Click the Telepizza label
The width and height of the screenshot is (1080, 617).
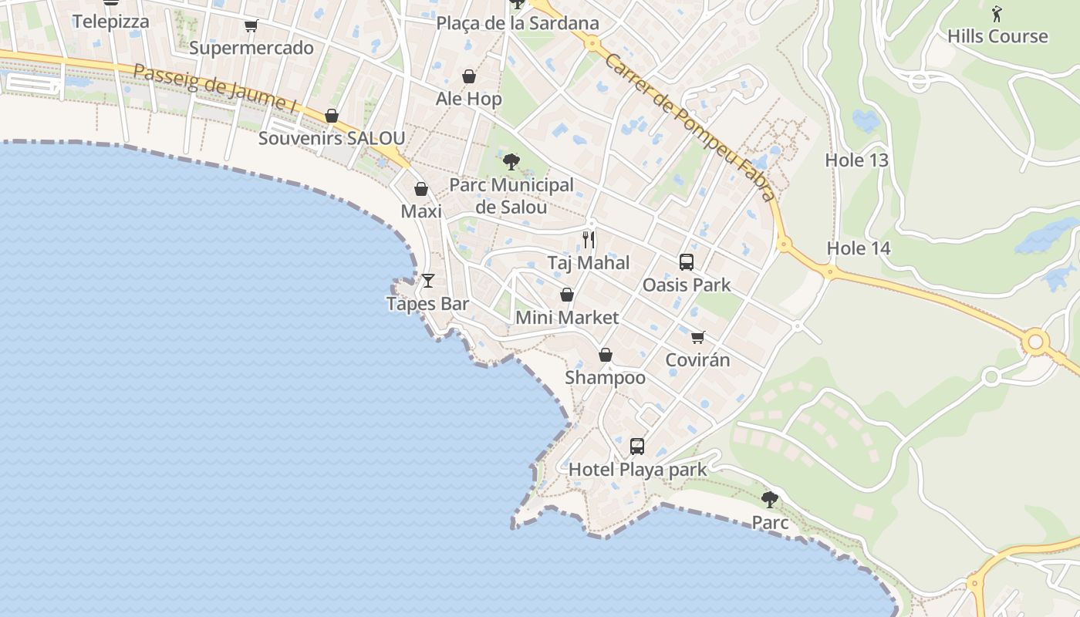pos(111,22)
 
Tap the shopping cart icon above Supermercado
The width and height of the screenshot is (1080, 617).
pos(251,26)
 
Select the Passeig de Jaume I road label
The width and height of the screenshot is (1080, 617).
pos(215,89)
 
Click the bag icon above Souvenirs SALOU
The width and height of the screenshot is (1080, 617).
pos(332,116)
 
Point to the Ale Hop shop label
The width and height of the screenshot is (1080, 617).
pos(468,99)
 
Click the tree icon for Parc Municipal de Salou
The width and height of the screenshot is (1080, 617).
pos(511,162)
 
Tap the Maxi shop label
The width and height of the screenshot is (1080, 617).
pos(421,211)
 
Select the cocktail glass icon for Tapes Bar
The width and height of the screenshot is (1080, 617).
pos(428,280)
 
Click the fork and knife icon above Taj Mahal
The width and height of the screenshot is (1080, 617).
pos(589,239)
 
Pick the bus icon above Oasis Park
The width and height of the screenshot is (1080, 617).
pos(687,262)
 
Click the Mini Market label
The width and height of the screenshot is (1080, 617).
pos(567,318)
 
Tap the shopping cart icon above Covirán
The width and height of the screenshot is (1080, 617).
pos(698,337)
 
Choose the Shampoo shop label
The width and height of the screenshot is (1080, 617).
pos(606,378)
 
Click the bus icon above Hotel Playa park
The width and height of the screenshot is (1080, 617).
pos(637,446)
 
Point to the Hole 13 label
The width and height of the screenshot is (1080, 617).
pos(857,160)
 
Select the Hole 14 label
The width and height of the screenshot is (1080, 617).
pos(859,248)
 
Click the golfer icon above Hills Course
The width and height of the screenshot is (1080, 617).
pos(997,13)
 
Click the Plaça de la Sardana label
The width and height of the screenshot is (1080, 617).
pos(518,23)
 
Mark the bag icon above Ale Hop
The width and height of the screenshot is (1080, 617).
pos(468,76)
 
